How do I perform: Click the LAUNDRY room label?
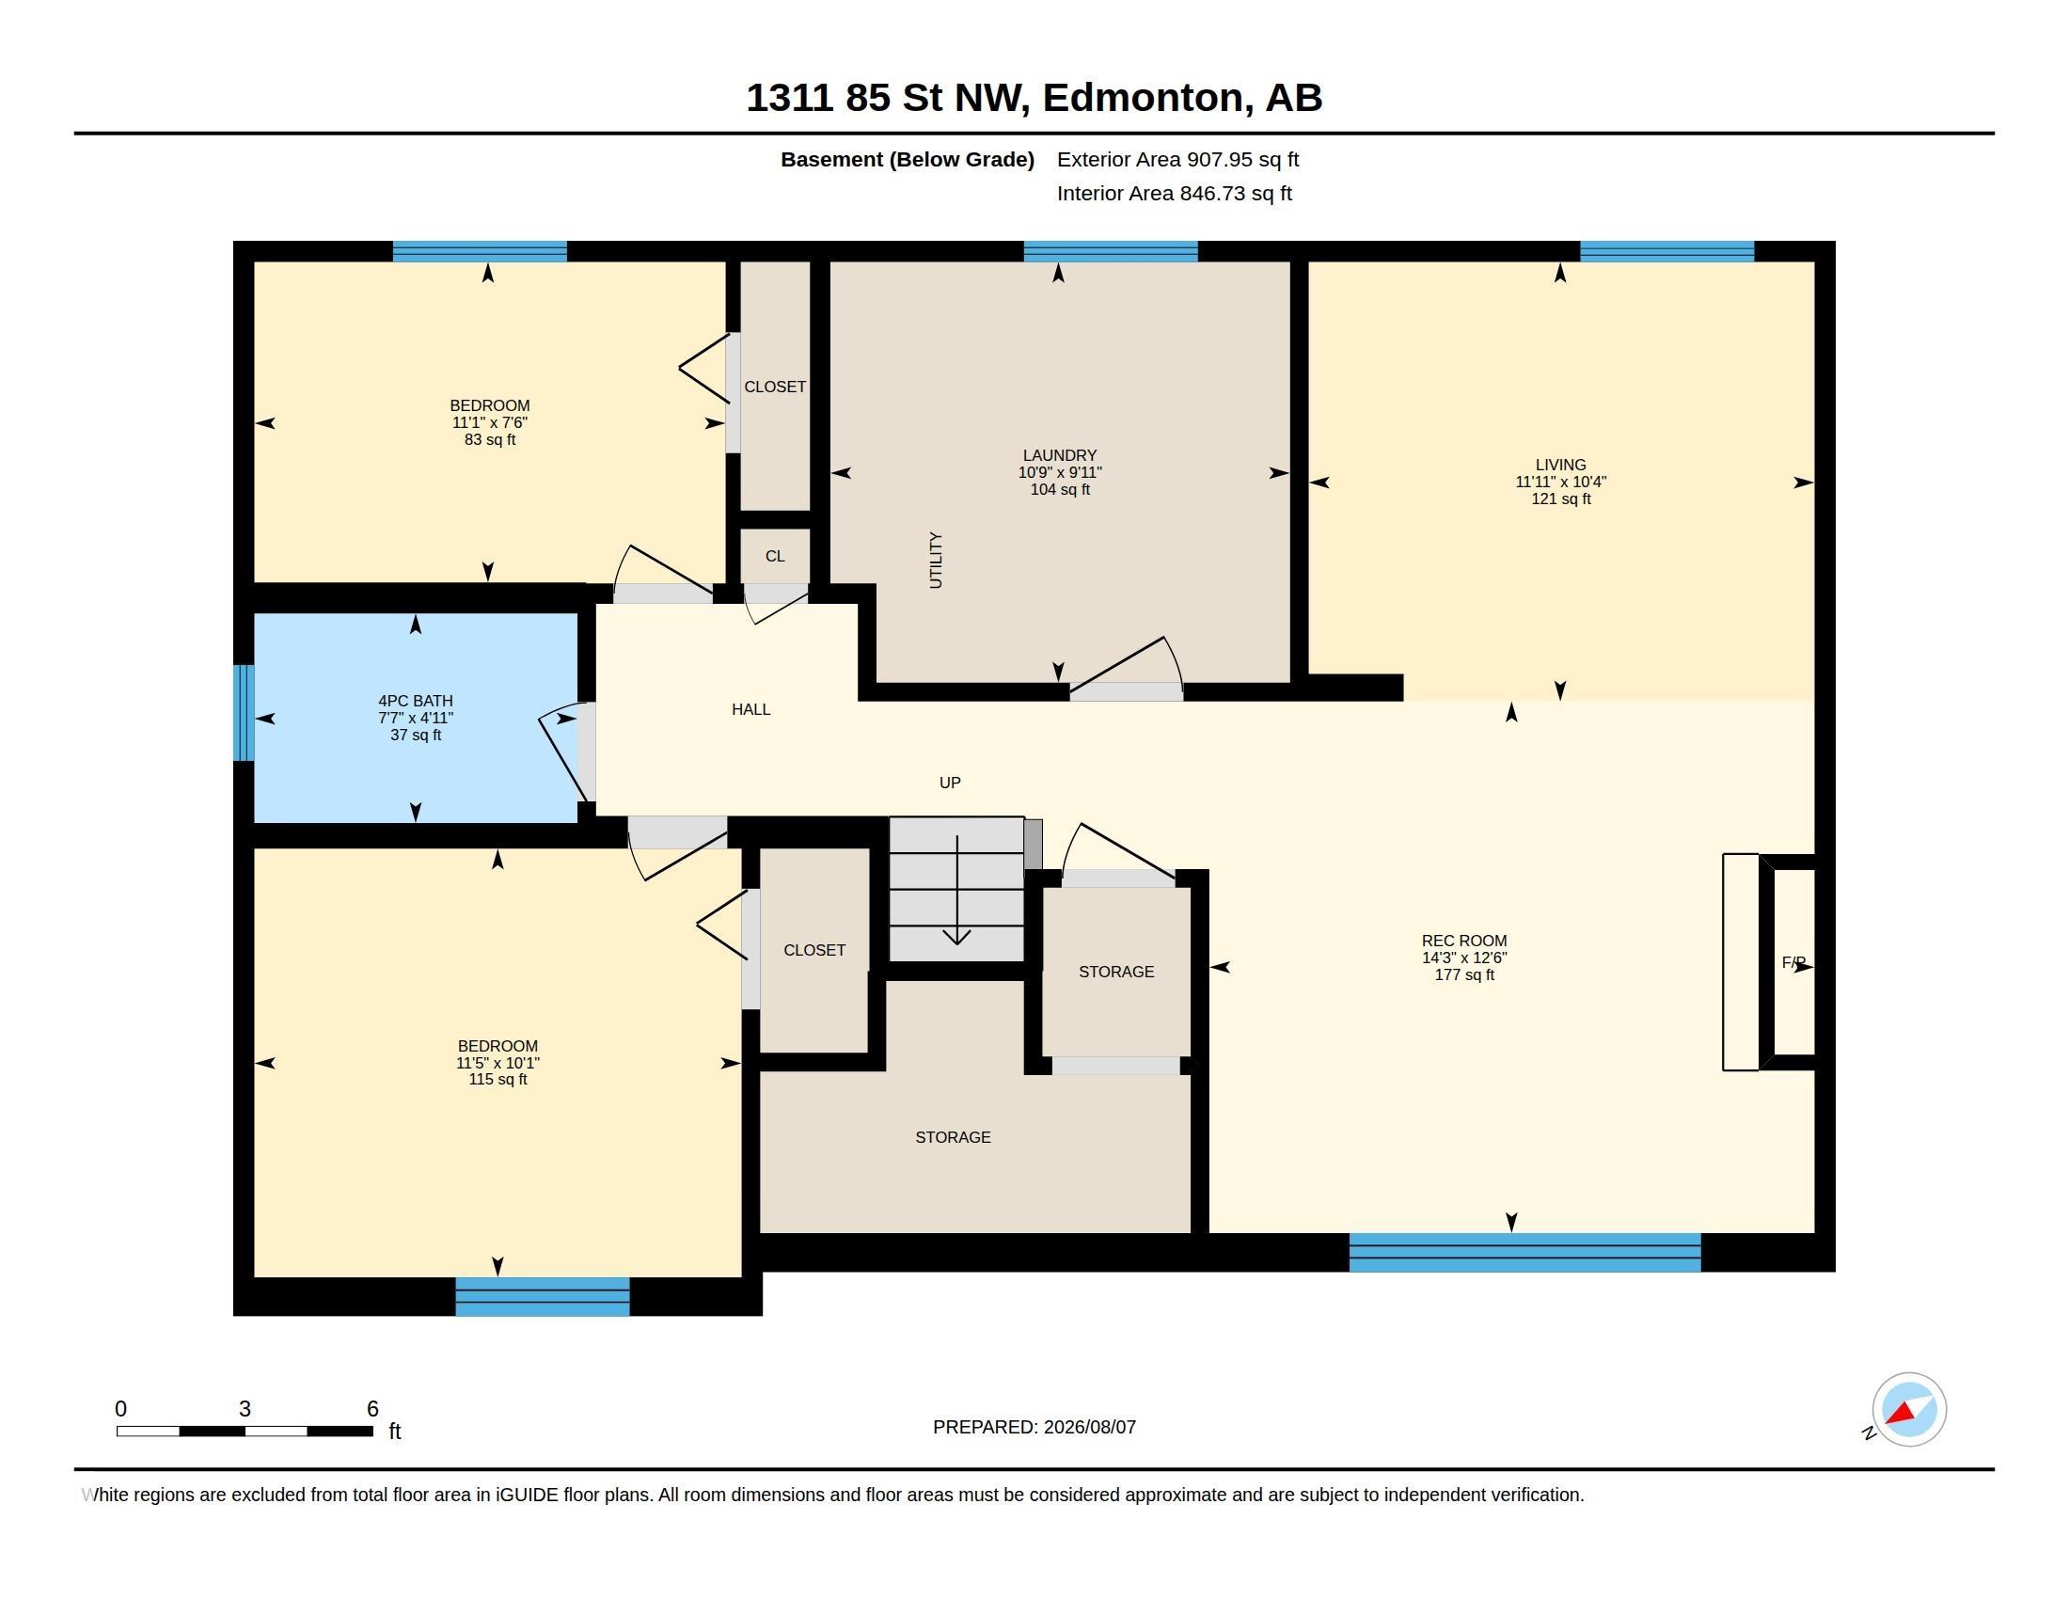(x=1059, y=455)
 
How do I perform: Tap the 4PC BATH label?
(x=415, y=701)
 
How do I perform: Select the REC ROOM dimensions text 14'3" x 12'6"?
(x=1463, y=958)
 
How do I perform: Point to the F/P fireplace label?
(x=1793, y=962)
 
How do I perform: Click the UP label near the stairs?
(x=949, y=783)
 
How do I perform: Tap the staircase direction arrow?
(x=956, y=891)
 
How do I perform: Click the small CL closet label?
(x=775, y=556)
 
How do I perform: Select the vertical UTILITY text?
(x=936, y=560)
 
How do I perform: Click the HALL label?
(x=750, y=709)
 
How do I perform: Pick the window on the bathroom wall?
(x=244, y=712)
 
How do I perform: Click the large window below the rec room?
(x=1524, y=1252)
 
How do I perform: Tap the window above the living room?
(x=1666, y=251)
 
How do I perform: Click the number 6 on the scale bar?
(x=372, y=1409)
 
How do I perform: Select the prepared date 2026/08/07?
(x=1089, y=1427)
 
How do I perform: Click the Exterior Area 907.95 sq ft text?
(x=1177, y=159)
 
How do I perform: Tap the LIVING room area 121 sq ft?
(x=1561, y=499)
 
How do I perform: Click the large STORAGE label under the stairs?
(x=953, y=1137)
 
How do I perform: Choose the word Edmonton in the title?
(x=1143, y=98)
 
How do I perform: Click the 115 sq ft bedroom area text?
(x=498, y=1079)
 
